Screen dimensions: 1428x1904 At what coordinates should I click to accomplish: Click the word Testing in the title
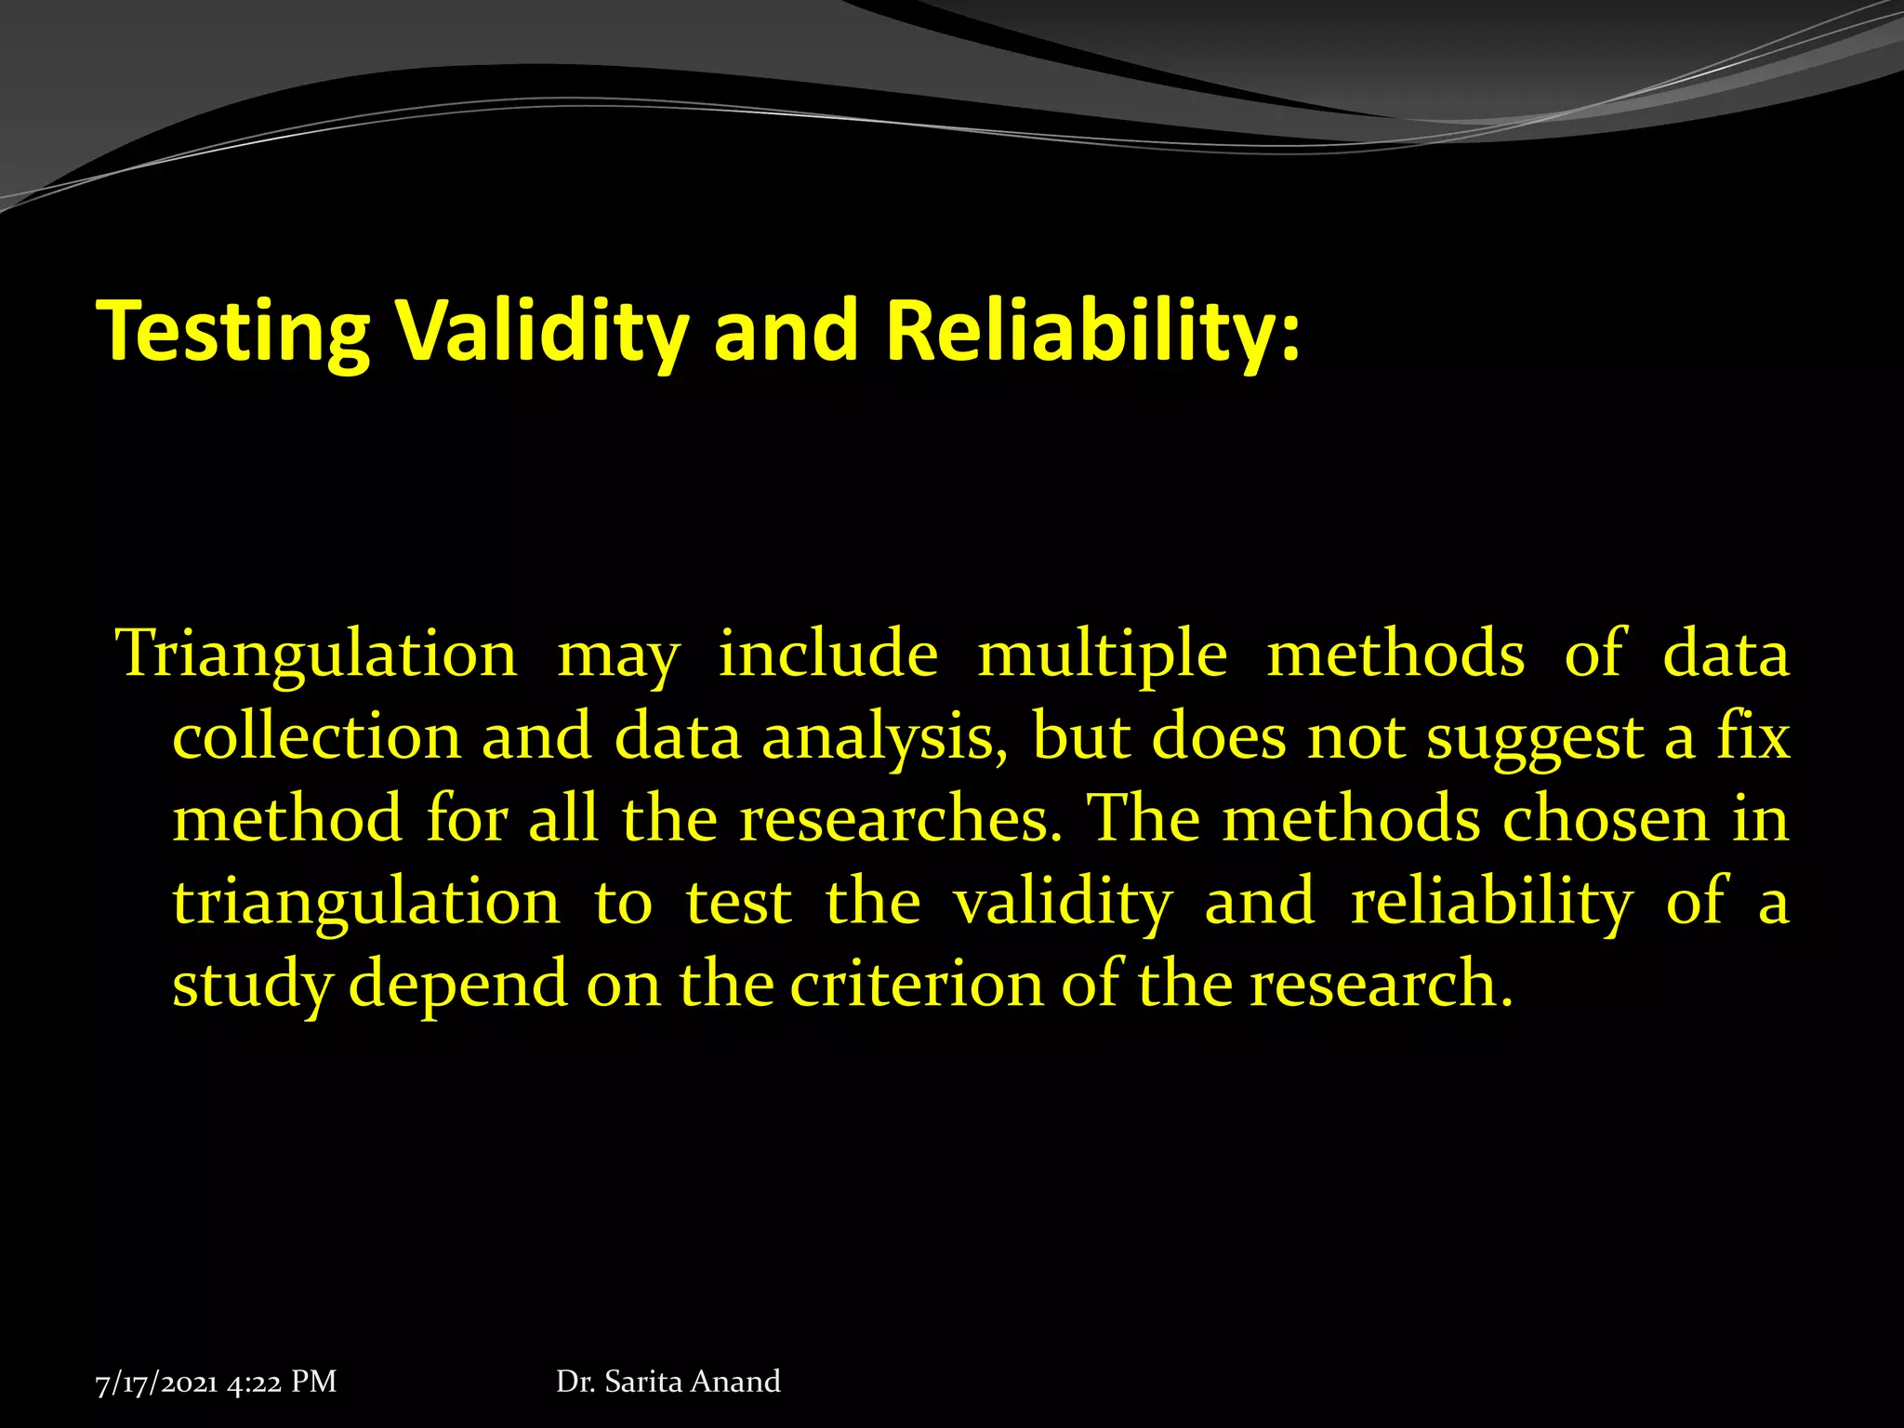click(233, 332)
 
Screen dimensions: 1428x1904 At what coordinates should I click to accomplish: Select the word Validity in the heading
click(543, 332)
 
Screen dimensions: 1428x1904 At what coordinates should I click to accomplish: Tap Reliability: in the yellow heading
click(1092, 332)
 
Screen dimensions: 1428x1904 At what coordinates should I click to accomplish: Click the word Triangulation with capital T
click(316, 654)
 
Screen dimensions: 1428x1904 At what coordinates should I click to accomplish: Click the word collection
click(316, 737)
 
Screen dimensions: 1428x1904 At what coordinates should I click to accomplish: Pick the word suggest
click(1535, 737)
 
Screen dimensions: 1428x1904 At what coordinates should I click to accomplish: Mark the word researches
click(900, 820)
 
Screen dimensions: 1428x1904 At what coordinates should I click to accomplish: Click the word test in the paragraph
click(739, 903)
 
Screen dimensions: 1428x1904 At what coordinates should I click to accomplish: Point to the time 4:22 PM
click(282, 1382)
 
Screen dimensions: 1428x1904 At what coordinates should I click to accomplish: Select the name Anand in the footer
click(735, 1382)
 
